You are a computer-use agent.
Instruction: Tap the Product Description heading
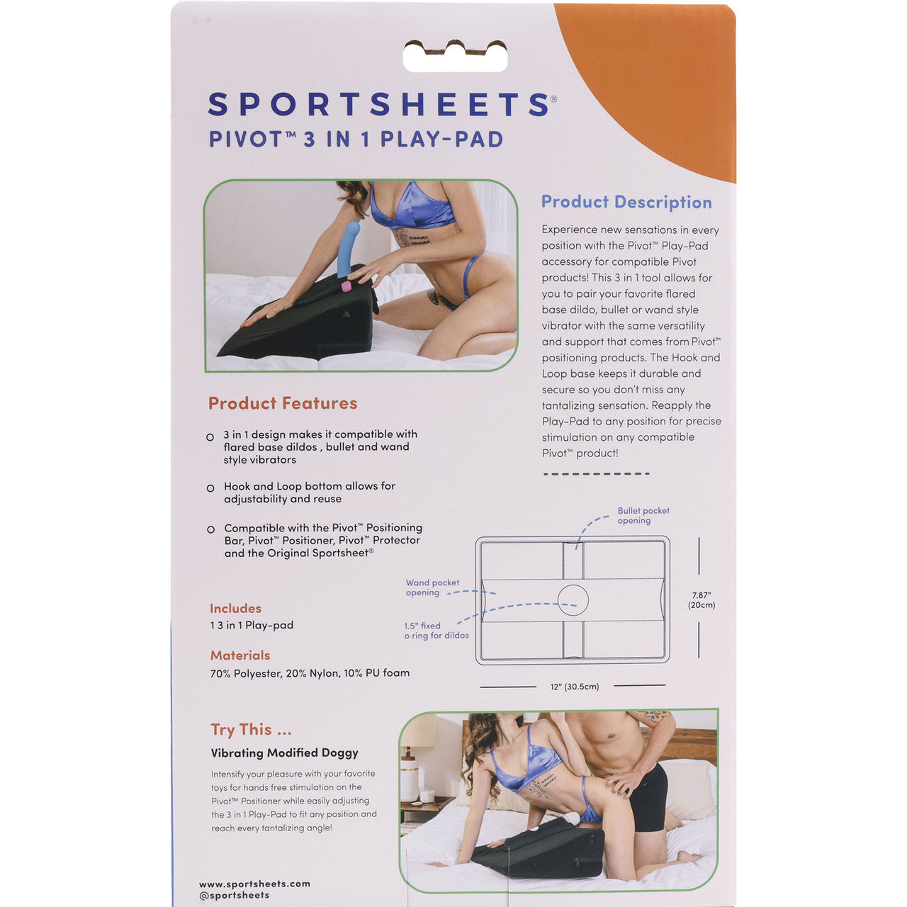[x=626, y=202]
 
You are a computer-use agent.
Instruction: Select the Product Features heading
[x=283, y=403]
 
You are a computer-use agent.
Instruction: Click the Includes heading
[x=235, y=609]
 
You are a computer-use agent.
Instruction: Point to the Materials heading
[x=240, y=655]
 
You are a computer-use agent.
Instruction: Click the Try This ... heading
[x=251, y=730]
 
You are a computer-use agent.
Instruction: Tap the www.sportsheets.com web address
[x=254, y=884]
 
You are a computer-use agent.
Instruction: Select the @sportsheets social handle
[x=235, y=895]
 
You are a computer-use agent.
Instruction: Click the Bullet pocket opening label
[x=643, y=515]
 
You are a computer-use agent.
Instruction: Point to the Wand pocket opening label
[x=432, y=587]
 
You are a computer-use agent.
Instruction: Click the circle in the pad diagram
[x=573, y=600]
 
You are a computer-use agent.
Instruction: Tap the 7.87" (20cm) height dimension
[x=702, y=600]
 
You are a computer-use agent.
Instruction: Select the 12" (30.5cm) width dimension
[x=575, y=687]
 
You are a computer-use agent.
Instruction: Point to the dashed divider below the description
[x=596, y=473]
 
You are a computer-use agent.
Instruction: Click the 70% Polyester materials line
[x=310, y=673]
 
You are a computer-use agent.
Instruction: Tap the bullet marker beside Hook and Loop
[x=210, y=488]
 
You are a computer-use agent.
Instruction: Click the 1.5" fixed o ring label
[x=436, y=631]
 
